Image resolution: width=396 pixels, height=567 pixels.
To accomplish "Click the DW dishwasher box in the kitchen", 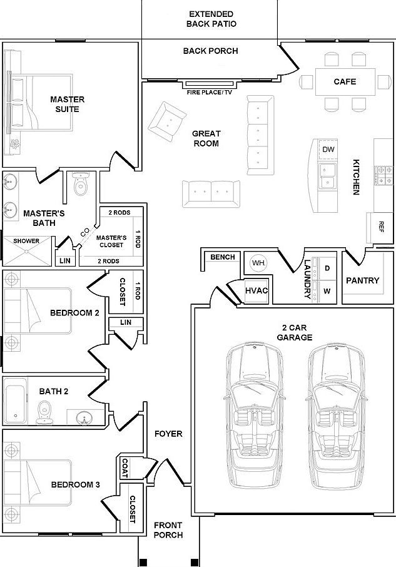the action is [328, 150].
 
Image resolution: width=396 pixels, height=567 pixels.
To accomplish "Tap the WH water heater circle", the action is [258, 263].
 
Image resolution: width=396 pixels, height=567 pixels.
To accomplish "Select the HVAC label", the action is [256, 290].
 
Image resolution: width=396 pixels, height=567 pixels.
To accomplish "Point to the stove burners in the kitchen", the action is [384, 175].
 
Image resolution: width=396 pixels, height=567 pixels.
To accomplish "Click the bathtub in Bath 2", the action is [15, 401].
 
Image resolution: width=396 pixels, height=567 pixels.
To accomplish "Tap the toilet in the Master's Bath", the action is [80, 183].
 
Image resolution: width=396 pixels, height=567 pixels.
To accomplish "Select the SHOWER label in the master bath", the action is [26, 241].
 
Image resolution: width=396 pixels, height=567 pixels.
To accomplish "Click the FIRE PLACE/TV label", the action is [210, 93].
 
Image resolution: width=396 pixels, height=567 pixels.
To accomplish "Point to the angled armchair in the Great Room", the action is [167, 122].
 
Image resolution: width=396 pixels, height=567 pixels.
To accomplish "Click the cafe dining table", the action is [345, 82].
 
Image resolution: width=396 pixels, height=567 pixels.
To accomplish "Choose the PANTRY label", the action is [363, 280].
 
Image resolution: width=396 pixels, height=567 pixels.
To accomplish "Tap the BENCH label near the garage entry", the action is [223, 257].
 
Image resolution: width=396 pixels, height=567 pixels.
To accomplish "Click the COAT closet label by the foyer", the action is [124, 468].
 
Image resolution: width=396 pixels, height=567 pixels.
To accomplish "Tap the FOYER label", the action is [168, 434].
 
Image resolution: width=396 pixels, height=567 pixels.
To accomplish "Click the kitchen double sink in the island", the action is [328, 176].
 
